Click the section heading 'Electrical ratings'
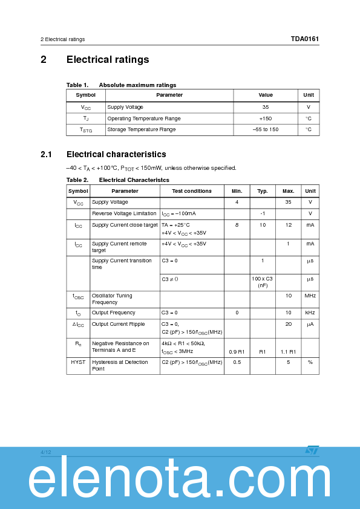pyautogui.click(x=108, y=59)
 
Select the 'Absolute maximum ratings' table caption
pyautogui.click(x=137, y=85)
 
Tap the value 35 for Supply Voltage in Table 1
pyautogui.click(x=265, y=107)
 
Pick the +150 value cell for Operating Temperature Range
pyautogui.click(x=265, y=118)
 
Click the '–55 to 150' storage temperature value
pyautogui.click(x=265, y=129)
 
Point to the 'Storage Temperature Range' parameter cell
pyautogui.click(x=142, y=129)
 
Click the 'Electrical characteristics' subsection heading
pyautogui.click(x=116, y=154)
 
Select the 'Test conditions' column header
pyautogui.click(x=192, y=191)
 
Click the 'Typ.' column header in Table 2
pyautogui.click(x=263, y=191)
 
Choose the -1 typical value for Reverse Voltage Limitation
pyautogui.click(x=263, y=213)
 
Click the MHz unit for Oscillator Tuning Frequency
pyautogui.click(x=310, y=296)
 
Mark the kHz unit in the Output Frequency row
pyautogui.click(x=310, y=313)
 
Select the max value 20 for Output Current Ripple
pyautogui.click(x=289, y=324)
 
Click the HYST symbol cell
pyautogui.click(x=78, y=362)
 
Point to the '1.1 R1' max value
pyautogui.click(x=289, y=351)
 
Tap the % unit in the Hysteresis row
pyautogui.click(x=310, y=362)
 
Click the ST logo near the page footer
pyautogui.click(x=312, y=450)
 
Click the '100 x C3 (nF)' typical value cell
pyautogui.click(x=263, y=282)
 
